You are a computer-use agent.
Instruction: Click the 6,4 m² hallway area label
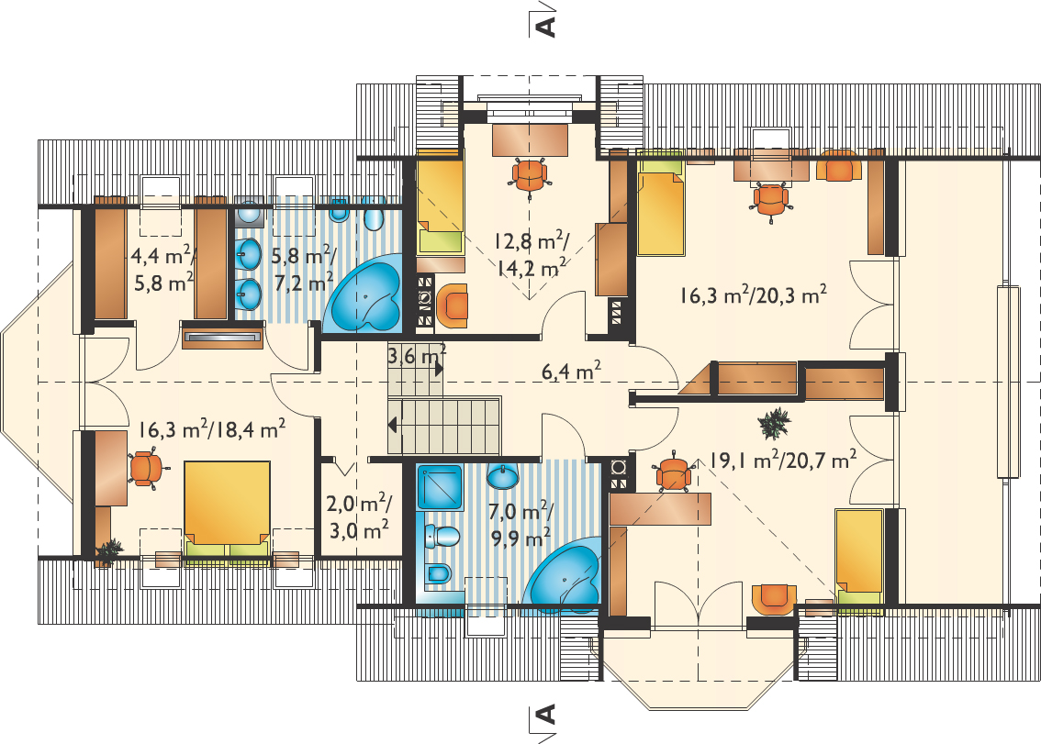pyautogui.click(x=572, y=371)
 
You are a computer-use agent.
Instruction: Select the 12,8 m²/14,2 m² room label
pyautogui.click(x=531, y=253)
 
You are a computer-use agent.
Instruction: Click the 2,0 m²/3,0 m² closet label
pyautogui.click(x=359, y=516)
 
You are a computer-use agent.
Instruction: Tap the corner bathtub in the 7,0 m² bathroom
pyautogui.click(x=563, y=579)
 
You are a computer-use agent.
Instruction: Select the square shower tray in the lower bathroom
pyautogui.click(x=440, y=488)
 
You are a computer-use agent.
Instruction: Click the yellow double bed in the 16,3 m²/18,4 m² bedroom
pyautogui.click(x=228, y=509)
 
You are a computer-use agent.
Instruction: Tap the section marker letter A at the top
pyautogui.click(x=545, y=26)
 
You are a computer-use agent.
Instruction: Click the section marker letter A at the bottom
pyautogui.click(x=545, y=714)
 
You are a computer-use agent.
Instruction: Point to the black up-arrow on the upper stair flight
pyautogui.click(x=439, y=369)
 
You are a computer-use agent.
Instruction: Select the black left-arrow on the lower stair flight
pyautogui.click(x=393, y=425)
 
